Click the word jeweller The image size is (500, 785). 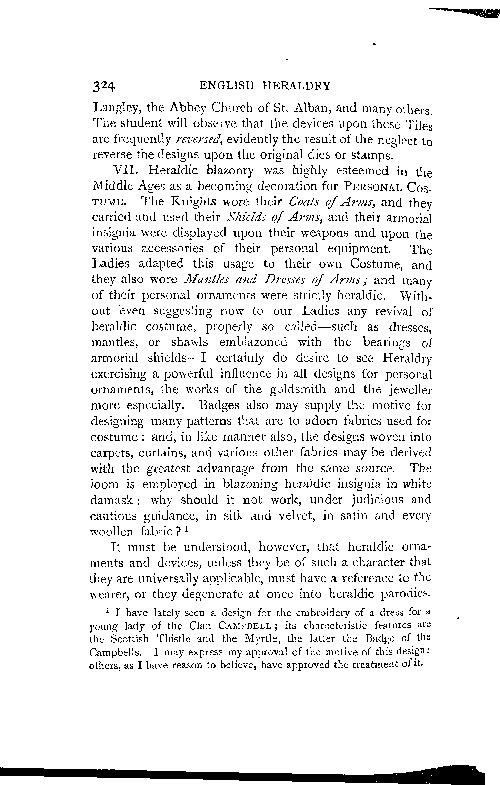(x=410, y=390)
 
